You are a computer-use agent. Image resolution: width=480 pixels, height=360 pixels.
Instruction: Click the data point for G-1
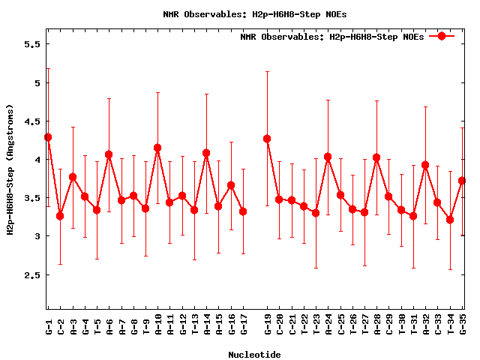[48, 137]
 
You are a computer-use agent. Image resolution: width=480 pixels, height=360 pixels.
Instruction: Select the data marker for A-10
[157, 148]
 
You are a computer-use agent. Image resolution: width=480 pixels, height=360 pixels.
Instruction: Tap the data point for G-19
[267, 139]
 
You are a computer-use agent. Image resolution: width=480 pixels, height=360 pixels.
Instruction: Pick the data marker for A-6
[109, 154]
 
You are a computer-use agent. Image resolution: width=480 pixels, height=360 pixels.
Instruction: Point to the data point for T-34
[450, 220]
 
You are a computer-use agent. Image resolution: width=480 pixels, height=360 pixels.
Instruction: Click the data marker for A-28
[376, 157]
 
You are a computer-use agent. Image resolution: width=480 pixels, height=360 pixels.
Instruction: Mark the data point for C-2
[60, 216]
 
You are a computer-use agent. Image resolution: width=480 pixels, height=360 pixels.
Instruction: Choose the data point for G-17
[243, 211]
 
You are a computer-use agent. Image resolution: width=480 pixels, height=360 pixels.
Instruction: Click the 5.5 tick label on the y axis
[31, 44]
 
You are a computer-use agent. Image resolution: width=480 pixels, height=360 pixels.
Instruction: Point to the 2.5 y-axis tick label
[31, 275]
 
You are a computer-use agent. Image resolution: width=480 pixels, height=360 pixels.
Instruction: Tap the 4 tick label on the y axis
[36, 160]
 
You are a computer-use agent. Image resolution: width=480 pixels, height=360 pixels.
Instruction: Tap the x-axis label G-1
[48, 327]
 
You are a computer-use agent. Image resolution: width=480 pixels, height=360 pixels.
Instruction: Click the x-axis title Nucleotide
[255, 355]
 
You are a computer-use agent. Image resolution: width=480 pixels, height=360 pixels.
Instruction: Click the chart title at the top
[255, 13]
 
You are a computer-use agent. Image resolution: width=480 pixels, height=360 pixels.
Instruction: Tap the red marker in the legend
[442, 36]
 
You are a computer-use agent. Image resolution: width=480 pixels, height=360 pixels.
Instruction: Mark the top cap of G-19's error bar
[267, 71]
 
